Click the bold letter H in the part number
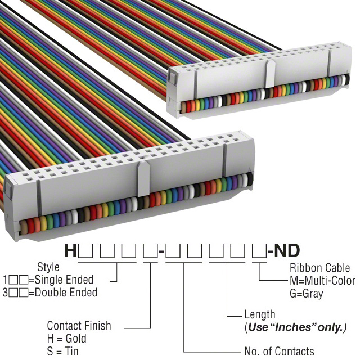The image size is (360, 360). [x=70, y=250]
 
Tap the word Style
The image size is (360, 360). [x=48, y=267]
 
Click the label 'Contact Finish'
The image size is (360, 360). [x=79, y=326]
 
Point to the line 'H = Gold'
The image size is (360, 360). [x=67, y=339]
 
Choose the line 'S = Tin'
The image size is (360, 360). [x=63, y=352]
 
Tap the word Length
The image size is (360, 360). [x=260, y=315]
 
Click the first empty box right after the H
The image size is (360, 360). [x=86, y=250]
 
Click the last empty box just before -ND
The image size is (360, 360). [x=259, y=250]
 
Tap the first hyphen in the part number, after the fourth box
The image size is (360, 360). [x=161, y=251]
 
